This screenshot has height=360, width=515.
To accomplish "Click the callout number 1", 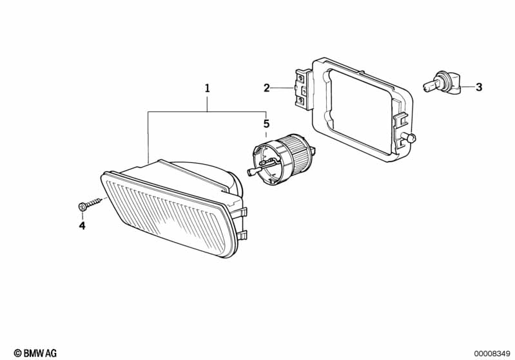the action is [207, 88].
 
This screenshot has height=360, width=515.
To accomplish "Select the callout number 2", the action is [266, 88].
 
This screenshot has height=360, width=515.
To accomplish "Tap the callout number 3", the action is [479, 88].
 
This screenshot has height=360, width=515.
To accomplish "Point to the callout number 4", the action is [82, 225].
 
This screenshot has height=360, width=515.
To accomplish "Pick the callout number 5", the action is [266, 124].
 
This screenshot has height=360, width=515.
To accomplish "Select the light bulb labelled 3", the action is [442, 82].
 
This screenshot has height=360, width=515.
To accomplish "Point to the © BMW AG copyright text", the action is [35, 353].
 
